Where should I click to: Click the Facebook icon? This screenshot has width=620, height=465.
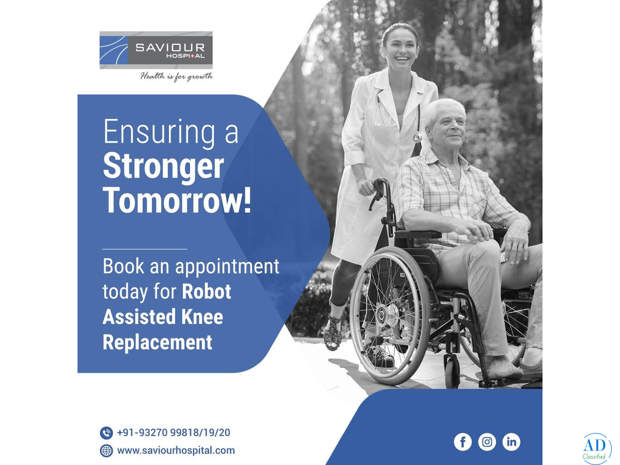(462, 442)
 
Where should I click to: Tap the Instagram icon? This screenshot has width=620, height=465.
(487, 442)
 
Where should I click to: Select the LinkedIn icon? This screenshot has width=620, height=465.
(511, 442)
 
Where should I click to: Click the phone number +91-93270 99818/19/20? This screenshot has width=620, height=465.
(174, 432)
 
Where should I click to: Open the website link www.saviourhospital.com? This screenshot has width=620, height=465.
(176, 451)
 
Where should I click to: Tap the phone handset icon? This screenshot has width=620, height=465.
(106, 433)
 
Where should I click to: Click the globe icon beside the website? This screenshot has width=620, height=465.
(106, 451)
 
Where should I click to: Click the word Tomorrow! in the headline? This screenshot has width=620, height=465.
(177, 200)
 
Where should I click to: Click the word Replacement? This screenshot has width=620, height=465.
(158, 342)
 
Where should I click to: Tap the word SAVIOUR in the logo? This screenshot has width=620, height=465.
(170, 47)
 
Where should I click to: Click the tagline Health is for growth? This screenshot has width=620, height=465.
(176, 76)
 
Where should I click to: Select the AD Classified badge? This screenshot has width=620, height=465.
(597, 449)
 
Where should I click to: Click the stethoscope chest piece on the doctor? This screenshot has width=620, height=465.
(417, 138)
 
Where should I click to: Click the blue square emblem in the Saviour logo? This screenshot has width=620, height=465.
(114, 50)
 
